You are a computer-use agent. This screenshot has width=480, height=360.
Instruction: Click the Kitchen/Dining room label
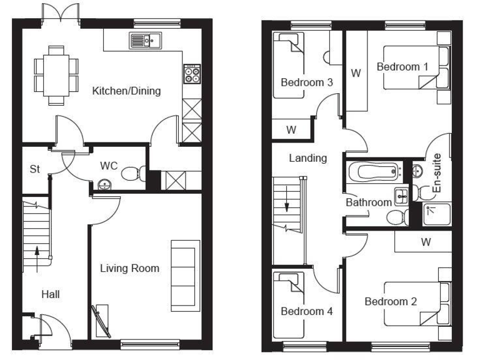126,91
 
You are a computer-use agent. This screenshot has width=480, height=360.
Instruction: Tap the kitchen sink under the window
144,42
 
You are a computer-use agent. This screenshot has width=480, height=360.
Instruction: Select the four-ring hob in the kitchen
191,75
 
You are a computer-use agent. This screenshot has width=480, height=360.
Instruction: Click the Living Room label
130,269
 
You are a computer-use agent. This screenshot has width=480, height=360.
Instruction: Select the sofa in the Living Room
184,276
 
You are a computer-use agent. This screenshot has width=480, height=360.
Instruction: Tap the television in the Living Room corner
101,321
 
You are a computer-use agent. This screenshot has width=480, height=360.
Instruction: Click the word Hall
51,294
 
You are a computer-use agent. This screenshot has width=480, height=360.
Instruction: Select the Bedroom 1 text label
402,67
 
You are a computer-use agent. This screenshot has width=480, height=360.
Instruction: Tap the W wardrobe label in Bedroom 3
291,130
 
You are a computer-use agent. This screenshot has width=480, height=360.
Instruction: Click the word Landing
307,158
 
